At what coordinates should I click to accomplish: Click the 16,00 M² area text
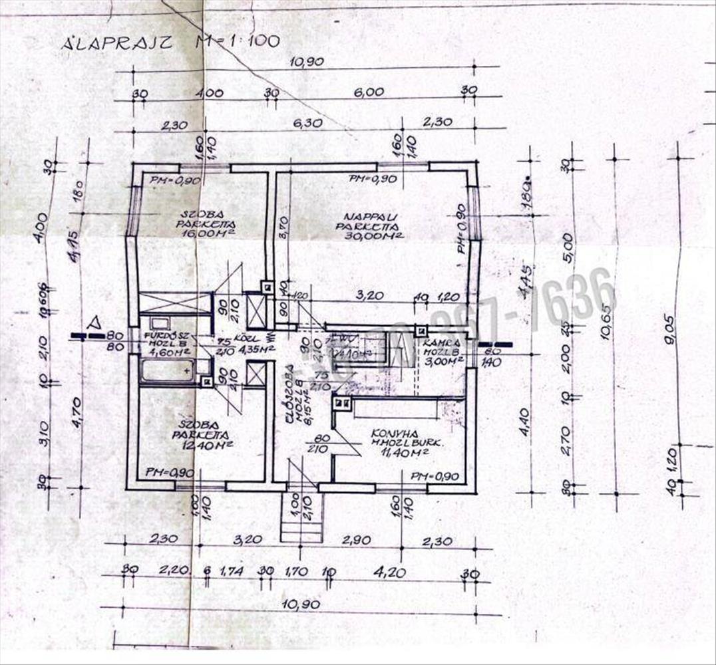(x=206, y=233)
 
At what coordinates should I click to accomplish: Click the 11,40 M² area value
(x=398, y=453)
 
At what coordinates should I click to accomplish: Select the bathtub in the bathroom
(x=168, y=369)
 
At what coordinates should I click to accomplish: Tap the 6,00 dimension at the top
(x=369, y=93)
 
